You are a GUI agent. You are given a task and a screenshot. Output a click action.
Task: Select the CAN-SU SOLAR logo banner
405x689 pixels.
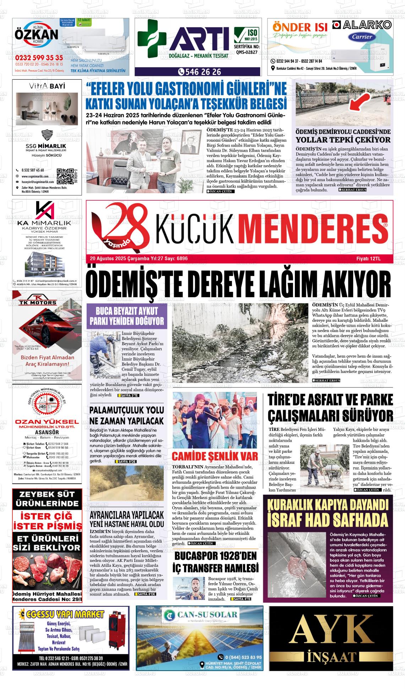(200, 614)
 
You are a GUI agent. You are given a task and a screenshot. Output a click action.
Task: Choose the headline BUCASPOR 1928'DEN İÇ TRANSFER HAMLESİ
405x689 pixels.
(215, 561)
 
